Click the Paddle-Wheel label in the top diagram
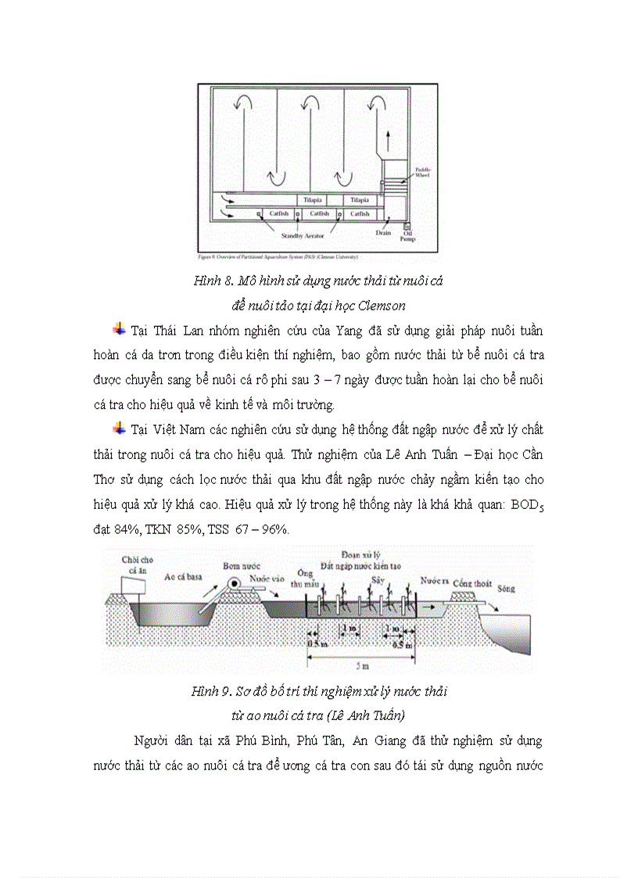pyautogui.click(x=422, y=172)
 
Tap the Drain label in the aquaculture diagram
pyautogui.click(x=382, y=232)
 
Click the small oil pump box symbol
pyautogui.click(x=407, y=222)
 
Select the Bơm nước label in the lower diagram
pyautogui.click(x=240, y=564)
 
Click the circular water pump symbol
pyautogui.click(x=232, y=582)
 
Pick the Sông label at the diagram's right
pyautogui.click(x=507, y=589)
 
